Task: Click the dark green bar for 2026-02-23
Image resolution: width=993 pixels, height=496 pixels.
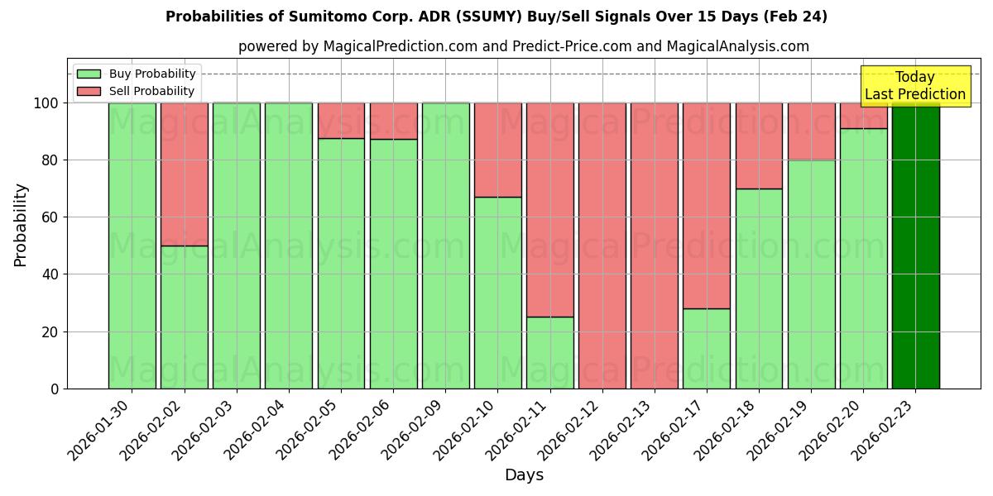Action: click(x=915, y=246)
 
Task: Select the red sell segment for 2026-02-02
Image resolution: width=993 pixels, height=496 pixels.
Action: click(x=184, y=174)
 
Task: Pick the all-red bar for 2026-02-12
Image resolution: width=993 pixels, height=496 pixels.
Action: click(x=602, y=246)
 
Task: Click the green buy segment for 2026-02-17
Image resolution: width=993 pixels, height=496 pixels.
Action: click(x=706, y=348)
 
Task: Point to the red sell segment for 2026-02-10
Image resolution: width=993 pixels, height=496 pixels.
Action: click(x=497, y=150)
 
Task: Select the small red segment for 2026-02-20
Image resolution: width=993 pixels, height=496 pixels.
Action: click(x=863, y=116)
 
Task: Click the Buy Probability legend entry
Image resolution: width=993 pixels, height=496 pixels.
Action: click(x=137, y=74)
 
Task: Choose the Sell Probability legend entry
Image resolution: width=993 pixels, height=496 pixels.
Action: click(x=137, y=91)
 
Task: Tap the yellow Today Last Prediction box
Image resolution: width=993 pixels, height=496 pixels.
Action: click(x=914, y=86)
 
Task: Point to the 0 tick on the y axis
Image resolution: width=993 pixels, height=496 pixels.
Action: click(x=55, y=389)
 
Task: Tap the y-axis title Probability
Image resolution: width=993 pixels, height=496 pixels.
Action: click(x=22, y=224)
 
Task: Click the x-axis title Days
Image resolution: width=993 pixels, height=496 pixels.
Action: click(x=524, y=475)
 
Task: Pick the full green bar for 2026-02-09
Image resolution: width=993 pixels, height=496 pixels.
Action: click(x=445, y=246)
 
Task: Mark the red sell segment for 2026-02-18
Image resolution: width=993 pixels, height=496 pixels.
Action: click(x=759, y=145)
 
